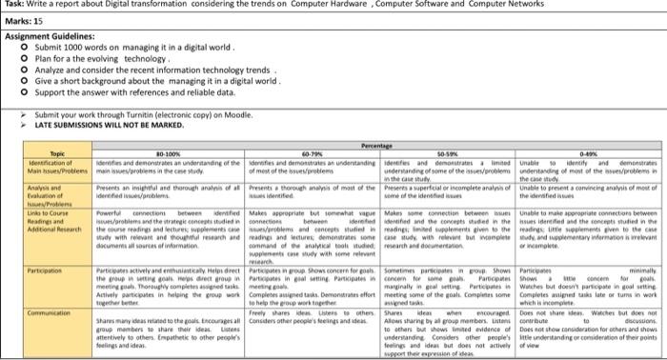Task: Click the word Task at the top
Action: (x=13, y=6)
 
